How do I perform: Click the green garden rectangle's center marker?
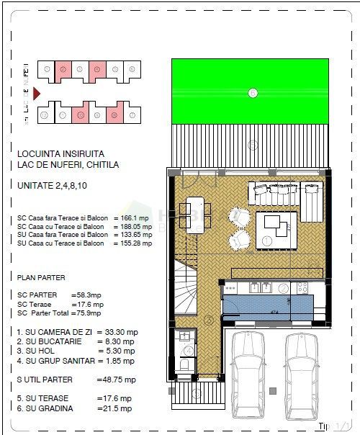click(x=252, y=92)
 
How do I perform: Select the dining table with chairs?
click(x=195, y=215)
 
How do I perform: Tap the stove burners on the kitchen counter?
click(x=302, y=287)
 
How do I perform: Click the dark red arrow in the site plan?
click(x=37, y=93)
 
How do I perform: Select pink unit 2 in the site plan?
click(x=63, y=70)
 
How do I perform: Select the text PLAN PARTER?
click(x=41, y=277)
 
